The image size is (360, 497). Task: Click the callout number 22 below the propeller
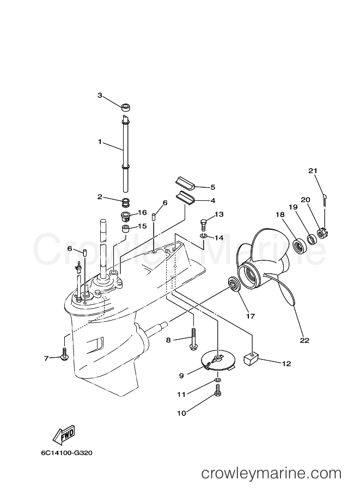click(304, 340)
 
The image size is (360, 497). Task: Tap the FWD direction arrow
click(63, 433)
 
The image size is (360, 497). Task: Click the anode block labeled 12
click(252, 359)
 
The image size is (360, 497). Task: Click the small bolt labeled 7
click(64, 355)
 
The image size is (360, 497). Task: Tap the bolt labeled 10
click(218, 390)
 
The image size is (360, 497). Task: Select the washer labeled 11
click(218, 379)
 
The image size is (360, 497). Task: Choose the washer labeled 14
click(203, 236)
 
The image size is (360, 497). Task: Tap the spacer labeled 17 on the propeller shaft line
click(234, 284)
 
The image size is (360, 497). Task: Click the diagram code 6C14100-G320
click(66, 453)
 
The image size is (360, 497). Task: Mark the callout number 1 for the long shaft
click(100, 142)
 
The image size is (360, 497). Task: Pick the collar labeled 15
click(126, 229)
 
